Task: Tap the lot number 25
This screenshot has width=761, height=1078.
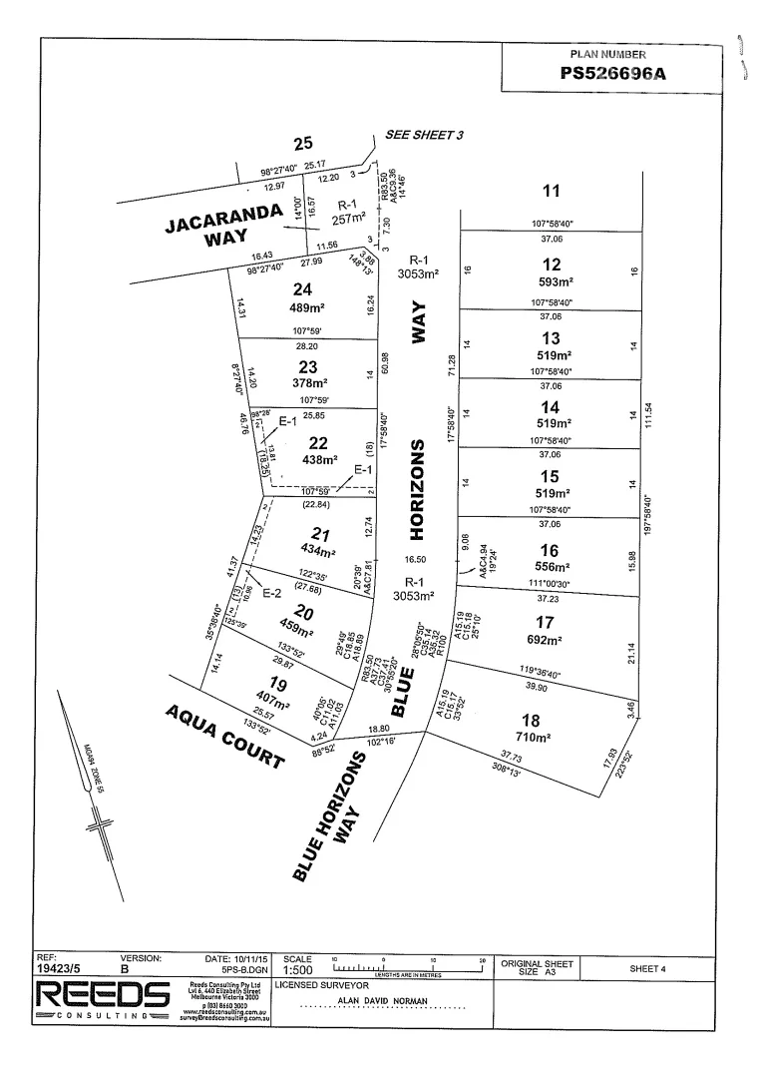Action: [x=303, y=144]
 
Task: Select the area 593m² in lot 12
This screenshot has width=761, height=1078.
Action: [x=551, y=281]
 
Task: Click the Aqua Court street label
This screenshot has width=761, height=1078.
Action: [x=226, y=734]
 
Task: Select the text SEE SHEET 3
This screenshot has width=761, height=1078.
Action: [x=426, y=135]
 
